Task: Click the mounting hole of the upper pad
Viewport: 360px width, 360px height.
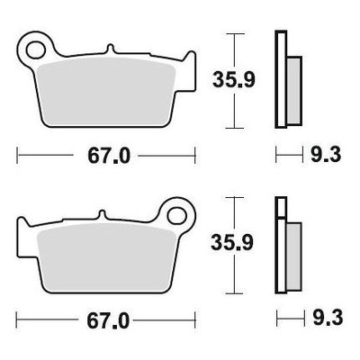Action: [x=36, y=49]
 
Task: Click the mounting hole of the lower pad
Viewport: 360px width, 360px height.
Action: [x=177, y=216]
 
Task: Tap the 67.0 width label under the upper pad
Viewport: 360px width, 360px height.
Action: [x=109, y=156]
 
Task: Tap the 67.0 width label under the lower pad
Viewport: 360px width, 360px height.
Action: [x=108, y=320]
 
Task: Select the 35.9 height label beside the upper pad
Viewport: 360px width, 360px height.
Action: [x=234, y=80]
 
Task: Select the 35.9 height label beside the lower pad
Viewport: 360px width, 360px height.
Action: [x=232, y=243]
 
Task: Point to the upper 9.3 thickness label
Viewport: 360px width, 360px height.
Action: [x=326, y=155]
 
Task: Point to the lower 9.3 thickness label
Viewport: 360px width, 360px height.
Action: [x=328, y=318]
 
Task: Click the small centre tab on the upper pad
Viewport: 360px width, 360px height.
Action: [x=111, y=49]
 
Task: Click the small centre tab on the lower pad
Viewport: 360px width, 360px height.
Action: [x=103, y=215]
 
